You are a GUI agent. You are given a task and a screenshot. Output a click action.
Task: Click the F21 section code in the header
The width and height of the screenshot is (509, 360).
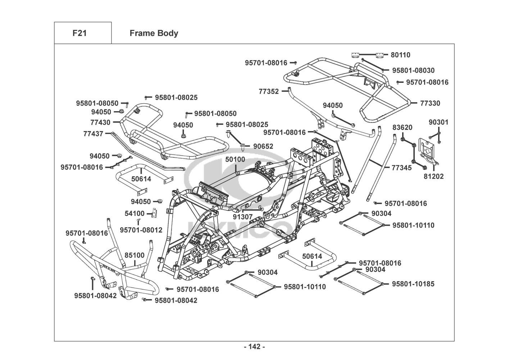(x=79, y=33)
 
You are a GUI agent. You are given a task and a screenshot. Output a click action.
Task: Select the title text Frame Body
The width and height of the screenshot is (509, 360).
(x=154, y=33)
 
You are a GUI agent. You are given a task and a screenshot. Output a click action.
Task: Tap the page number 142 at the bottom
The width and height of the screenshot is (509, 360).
(x=254, y=347)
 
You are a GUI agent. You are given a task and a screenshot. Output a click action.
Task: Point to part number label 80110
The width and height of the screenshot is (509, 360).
(x=400, y=55)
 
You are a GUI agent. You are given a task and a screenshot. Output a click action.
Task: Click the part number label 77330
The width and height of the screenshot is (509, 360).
(x=430, y=103)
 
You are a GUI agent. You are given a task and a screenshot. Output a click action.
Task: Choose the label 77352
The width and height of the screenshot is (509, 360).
(x=269, y=91)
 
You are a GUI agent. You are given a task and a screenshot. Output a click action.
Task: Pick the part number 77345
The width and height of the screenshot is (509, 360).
(x=402, y=168)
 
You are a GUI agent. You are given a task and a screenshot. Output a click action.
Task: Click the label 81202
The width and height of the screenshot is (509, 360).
(x=433, y=176)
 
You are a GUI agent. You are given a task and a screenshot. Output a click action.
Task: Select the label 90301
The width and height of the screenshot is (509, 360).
(x=438, y=122)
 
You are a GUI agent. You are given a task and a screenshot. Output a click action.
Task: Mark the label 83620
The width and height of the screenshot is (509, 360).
(x=402, y=127)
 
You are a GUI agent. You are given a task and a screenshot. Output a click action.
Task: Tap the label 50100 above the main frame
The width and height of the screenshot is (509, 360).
(x=235, y=159)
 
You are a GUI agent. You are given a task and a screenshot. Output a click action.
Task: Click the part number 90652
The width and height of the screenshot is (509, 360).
(x=263, y=146)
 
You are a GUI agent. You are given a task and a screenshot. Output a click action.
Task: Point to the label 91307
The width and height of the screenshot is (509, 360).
(x=242, y=217)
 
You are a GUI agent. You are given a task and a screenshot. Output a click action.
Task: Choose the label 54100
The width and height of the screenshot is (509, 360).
(x=135, y=213)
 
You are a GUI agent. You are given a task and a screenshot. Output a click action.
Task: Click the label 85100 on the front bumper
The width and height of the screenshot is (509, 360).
(x=135, y=255)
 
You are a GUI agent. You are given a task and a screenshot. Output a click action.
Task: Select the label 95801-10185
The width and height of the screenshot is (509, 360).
(x=413, y=284)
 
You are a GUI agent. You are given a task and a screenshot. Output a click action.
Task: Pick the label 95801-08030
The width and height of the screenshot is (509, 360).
(x=413, y=71)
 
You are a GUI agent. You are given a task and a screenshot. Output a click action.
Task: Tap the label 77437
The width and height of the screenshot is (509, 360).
(x=93, y=134)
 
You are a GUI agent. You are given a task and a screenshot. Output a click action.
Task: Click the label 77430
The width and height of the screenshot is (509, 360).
(x=100, y=122)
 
